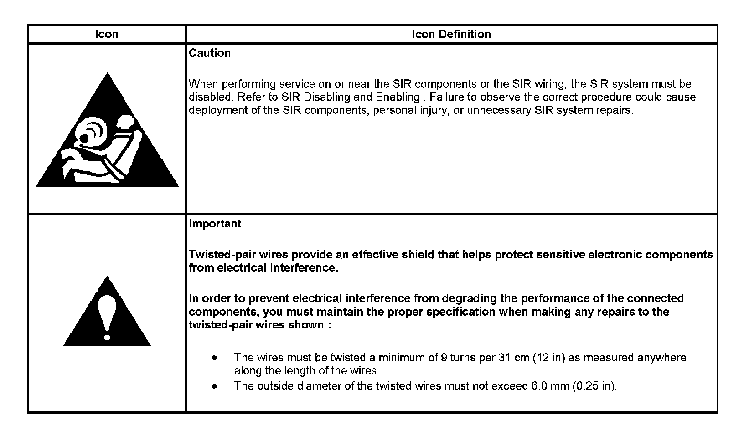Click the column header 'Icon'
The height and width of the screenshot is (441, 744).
tap(107, 34)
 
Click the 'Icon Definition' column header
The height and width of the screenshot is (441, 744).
tap(451, 34)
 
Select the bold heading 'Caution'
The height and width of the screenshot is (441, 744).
tap(210, 53)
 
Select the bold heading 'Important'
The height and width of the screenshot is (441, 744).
tap(215, 224)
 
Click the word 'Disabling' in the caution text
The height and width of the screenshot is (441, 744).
tap(328, 97)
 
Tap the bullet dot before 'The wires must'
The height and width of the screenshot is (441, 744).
tap(214, 358)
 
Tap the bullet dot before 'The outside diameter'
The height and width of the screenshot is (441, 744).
tap(214, 386)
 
